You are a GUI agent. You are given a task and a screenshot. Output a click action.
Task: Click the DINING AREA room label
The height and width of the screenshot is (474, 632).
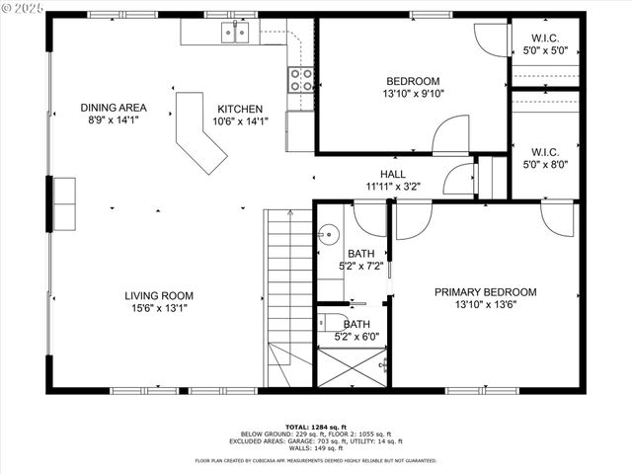(114, 108)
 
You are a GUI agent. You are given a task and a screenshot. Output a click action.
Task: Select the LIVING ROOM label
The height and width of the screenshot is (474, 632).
(159, 295)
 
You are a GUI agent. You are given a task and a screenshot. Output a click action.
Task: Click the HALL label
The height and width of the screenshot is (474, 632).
(379, 174)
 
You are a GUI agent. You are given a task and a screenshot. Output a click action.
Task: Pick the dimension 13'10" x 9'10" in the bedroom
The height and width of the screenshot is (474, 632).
(412, 95)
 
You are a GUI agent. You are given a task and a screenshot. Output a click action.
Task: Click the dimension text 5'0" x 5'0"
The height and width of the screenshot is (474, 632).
(544, 50)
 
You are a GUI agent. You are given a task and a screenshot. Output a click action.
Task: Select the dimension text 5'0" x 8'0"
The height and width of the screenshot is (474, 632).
(544, 165)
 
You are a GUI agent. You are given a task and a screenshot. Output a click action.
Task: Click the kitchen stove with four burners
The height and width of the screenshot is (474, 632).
(300, 79)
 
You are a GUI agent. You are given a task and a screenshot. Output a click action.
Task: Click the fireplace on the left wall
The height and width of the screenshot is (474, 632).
(61, 203)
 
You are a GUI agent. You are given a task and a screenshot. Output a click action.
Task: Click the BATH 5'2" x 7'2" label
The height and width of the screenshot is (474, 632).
(359, 260)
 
